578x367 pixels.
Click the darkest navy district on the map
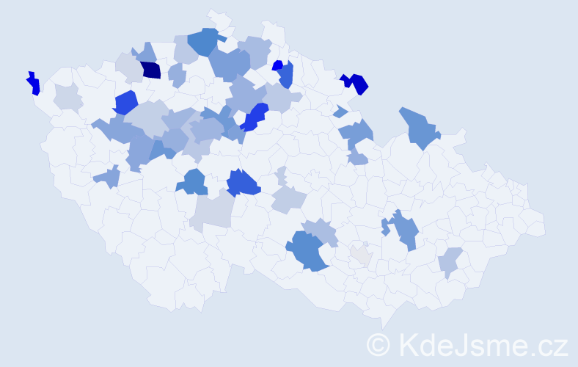(x=151, y=70)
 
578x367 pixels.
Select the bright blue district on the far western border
(x=32, y=83)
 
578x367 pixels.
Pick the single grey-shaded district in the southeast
(x=360, y=255)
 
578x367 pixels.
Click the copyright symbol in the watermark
(x=378, y=344)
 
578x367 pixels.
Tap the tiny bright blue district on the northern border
(x=277, y=65)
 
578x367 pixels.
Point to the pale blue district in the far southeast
(x=450, y=261)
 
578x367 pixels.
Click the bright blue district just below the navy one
(x=125, y=102)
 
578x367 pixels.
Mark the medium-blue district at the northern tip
(x=205, y=41)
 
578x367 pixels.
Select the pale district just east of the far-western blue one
(x=67, y=97)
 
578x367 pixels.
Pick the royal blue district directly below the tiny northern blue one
(x=286, y=75)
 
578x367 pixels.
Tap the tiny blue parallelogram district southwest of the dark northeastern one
(x=340, y=112)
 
